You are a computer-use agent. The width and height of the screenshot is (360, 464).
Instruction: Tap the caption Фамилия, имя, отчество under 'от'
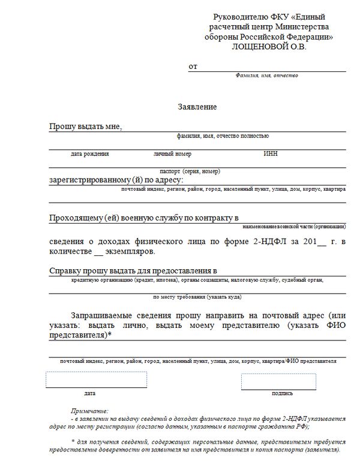click(x=266, y=76)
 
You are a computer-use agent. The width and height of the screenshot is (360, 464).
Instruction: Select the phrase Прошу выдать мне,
click(x=85, y=126)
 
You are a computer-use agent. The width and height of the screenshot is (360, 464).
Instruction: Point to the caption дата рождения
click(x=89, y=154)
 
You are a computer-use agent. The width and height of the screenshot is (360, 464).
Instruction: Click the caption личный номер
click(x=172, y=154)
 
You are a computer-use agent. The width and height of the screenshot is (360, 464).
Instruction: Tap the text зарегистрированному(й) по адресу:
click(x=116, y=180)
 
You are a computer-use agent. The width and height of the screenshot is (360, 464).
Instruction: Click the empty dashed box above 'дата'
click(x=96, y=380)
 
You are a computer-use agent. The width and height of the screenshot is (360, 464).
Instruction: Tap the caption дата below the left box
click(x=90, y=393)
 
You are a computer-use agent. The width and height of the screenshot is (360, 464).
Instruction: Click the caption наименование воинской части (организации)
click(x=294, y=226)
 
